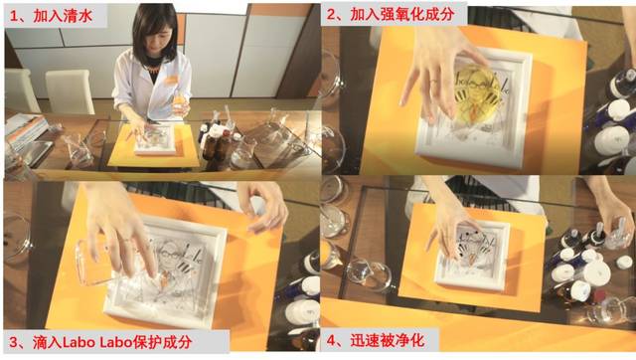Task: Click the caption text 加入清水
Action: tap(63, 16)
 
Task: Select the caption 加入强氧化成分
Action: tap(401, 15)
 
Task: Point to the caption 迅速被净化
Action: tap(388, 340)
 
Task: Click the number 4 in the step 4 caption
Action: tap(332, 341)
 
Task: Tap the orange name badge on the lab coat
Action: tap(171, 80)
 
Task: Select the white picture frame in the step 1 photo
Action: tap(156, 139)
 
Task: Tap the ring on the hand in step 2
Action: tap(433, 82)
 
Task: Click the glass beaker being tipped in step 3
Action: tap(95, 263)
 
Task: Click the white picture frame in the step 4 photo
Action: tap(473, 255)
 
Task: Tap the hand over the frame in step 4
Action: tap(450, 228)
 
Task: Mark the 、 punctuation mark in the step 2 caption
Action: tap(343, 19)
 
